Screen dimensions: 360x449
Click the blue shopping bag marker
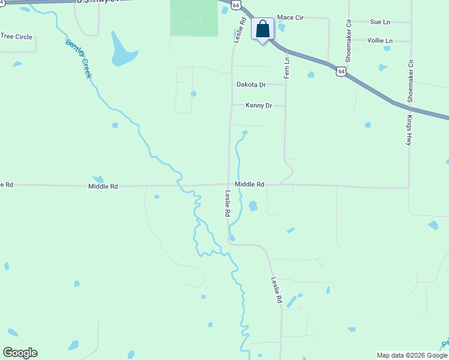click(x=263, y=29)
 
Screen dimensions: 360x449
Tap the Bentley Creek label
click(x=79, y=59)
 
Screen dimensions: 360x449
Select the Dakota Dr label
click(x=251, y=85)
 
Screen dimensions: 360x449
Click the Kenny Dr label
click(x=259, y=106)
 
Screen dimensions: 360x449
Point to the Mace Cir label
click(x=291, y=18)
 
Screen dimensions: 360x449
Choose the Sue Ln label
click(x=380, y=22)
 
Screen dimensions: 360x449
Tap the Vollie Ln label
click(x=380, y=41)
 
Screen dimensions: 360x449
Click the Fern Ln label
click(x=287, y=68)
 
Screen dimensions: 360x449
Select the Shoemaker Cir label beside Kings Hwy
click(x=411, y=80)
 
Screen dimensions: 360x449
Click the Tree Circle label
click(x=16, y=37)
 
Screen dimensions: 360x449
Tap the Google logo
click(x=20, y=353)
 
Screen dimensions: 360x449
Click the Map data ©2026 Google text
click(x=412, y=355)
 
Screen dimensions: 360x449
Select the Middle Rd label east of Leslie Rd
click(x=250, y=185)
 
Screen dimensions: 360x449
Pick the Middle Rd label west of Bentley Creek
click(x=103, y=187)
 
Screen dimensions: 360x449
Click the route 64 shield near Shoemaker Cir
click(x=341, y=71)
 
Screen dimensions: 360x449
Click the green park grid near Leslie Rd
click(x=193, y=17)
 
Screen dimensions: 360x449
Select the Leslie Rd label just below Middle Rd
click(x=228, y=203)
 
